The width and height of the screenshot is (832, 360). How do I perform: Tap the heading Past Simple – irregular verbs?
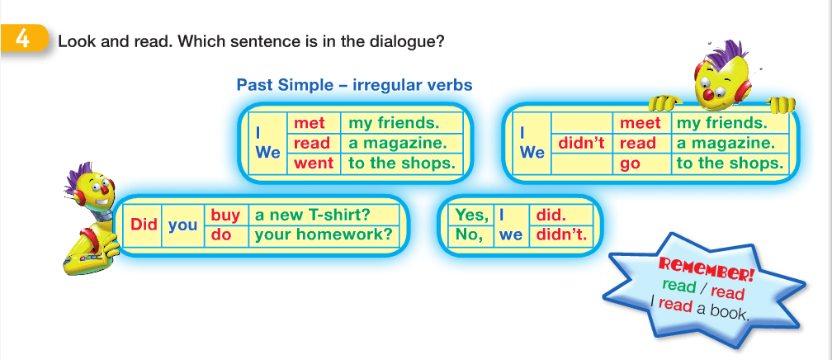coord(354,85)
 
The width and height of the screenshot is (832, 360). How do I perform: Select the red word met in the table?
coord(309,123)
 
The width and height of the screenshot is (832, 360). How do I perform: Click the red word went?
coord(314,163)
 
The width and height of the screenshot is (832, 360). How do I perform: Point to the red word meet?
coord(641,123)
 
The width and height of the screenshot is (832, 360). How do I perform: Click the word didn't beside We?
coord(582,143)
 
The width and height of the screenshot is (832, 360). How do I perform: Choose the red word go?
coord(630,164)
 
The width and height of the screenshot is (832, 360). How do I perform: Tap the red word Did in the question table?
coord(144,225)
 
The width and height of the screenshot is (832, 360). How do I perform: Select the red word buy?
coord(225,216)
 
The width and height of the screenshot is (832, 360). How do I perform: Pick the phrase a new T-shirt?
coord(312,215)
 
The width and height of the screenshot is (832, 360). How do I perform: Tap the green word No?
coord(468,234)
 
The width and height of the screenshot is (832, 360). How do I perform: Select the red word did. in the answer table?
coord(551,215)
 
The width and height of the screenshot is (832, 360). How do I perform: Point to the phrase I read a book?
coord(699,308)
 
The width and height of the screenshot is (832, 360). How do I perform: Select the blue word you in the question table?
coord(182,225)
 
